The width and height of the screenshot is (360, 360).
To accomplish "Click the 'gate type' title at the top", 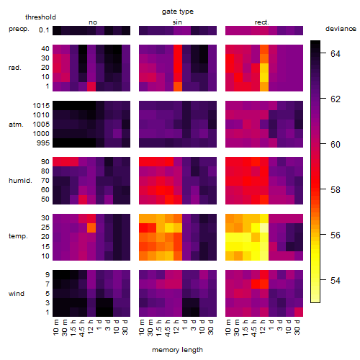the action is [x=178, y=12].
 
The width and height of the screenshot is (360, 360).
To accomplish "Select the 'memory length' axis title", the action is [x=177, y=350].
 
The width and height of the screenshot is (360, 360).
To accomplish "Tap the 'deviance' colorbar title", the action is [x=341, y=29].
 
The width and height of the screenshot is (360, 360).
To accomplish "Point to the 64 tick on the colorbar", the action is [x=336, y=53].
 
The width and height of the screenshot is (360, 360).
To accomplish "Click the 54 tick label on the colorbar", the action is [x=336, y=280].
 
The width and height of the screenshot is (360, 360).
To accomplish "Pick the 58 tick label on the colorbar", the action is [x=336, y=190].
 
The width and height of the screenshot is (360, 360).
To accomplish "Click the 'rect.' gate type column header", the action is [x=262, y=22].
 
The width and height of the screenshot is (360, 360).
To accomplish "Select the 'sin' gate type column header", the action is [x=177, y=22].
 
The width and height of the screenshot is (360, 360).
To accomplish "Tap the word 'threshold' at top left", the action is [x=40, y=17].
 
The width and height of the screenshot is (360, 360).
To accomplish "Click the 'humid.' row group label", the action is [x=20, y=181].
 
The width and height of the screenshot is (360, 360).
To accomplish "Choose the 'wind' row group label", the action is [x=17, y=294].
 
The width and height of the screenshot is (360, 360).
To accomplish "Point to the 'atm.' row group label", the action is [x=16, y=125].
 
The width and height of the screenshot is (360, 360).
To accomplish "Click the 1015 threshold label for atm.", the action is [x=41, y=106].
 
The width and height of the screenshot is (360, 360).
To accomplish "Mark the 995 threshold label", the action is [x=43, y=143].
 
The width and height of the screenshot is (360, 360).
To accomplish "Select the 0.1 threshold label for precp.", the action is [x=44, y=30].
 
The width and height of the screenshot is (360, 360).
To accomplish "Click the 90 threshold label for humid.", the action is [x=45, y=162].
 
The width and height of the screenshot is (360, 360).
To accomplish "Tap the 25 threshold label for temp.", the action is [x=45, y=228].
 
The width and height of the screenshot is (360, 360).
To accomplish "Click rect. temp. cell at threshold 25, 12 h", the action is [x=264, y=228].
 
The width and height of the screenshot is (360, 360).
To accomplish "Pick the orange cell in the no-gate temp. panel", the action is [x=91, y=228].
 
